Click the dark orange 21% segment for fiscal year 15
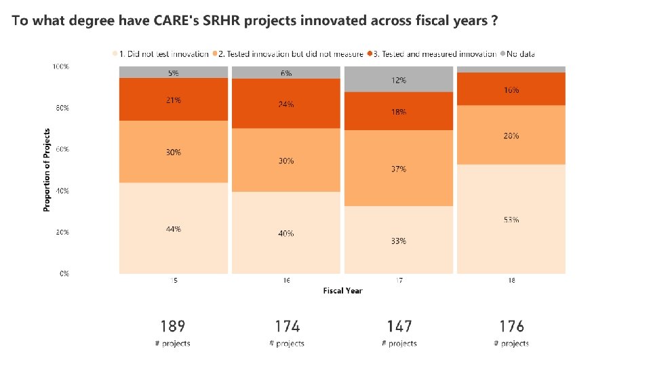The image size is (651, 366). tap(174, 100)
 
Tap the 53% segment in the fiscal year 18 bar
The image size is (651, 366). tap(511, 219)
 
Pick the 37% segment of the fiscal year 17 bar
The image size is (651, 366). tap(399, 168)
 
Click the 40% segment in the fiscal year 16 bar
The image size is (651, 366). tap(286, 232)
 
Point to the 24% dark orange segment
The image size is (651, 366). tap(286, 104)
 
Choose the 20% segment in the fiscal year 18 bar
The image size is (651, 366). tap(511, 135)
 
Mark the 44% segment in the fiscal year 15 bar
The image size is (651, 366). tap(174, 228)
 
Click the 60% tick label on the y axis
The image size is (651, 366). tap(61, 149)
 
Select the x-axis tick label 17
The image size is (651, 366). tap(399, 280)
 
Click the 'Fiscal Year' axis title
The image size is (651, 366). tap(342, 291)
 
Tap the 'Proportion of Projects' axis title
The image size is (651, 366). tap(47, 169)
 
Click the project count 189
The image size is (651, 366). tap(173, 327)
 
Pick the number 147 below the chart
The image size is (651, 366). tap(399, 327)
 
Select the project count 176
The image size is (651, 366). tap(511, 327)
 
